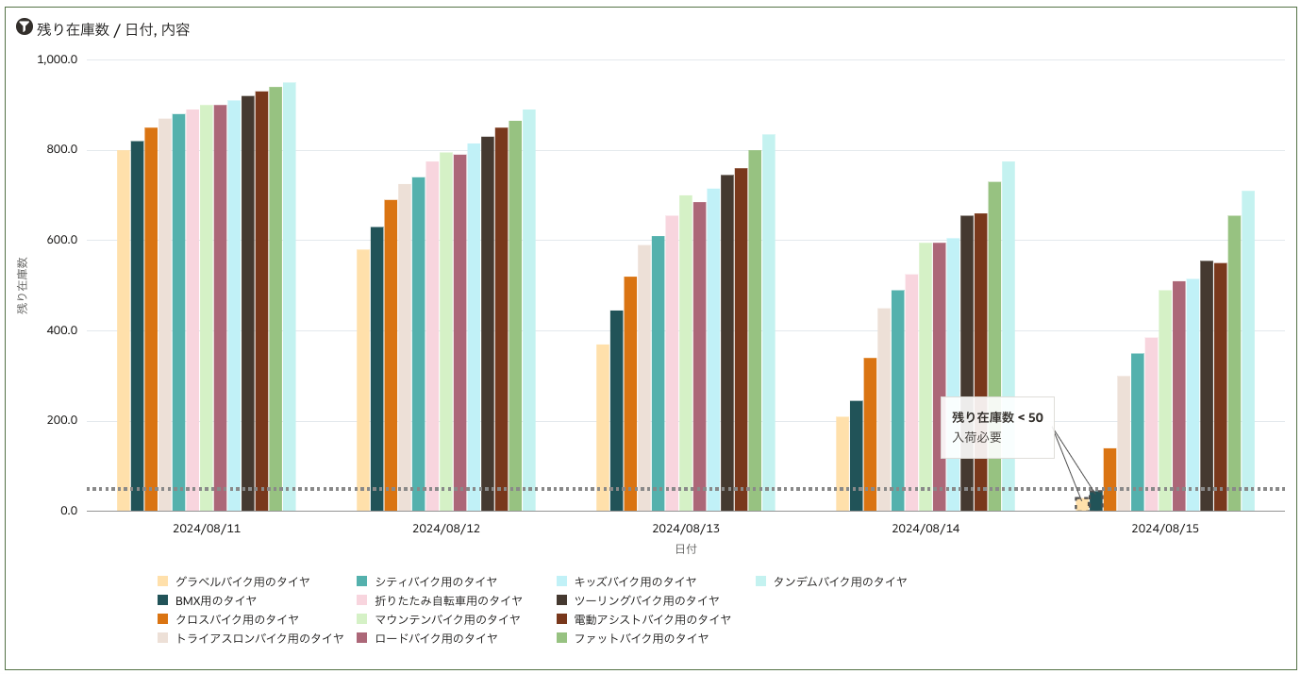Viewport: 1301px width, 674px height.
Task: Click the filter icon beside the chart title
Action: [x=25, y=28]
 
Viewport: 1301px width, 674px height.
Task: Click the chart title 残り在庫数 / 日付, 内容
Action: [x=113, y=29]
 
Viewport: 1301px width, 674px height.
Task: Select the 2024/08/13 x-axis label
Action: [x=686, y=529]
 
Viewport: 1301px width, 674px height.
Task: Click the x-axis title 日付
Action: [x=686, y=548]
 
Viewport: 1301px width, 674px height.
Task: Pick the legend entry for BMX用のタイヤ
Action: [x=215, y=600]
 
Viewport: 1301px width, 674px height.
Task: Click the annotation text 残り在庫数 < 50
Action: [x=997, y=417]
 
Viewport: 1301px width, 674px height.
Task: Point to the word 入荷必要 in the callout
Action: [x=976, y=437]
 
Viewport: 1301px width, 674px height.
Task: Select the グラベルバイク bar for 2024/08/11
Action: [x=124, y=330]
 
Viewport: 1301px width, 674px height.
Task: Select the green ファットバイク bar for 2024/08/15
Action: [x=1234, y=363]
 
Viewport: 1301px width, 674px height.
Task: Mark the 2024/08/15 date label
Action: [x=1165, y=529]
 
